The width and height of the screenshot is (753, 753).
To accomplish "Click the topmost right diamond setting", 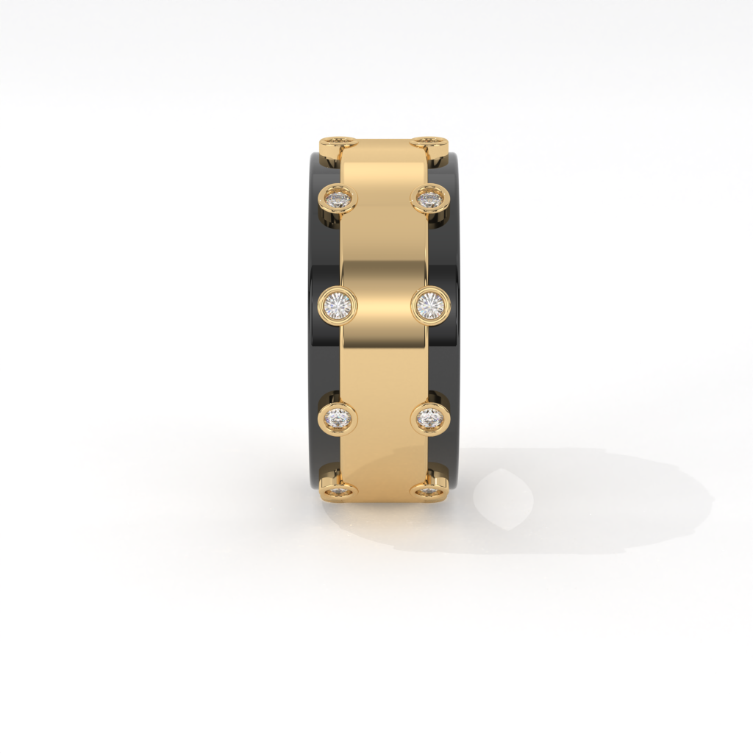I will (431, 141).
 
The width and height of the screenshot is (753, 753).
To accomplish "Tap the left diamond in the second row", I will (338, 198).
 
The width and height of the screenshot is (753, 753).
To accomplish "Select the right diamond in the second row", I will (430, 198).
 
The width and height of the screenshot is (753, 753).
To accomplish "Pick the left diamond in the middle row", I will (338, 304).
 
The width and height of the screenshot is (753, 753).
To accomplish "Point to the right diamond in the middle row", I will (430, 304).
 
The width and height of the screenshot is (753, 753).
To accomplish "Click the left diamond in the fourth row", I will (338, 418).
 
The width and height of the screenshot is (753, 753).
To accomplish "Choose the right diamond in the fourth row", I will (430, 418).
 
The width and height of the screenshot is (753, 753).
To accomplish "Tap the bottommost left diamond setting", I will (338, 490).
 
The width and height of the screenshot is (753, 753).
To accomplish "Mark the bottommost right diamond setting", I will (429, 490).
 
